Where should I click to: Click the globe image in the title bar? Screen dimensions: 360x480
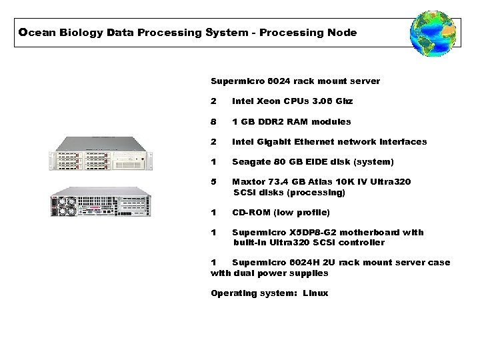[433, 33]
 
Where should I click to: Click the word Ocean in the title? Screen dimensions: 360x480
[32, 32]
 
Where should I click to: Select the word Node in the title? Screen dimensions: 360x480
[342, 32]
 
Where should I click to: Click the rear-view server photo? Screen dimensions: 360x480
[100, 201]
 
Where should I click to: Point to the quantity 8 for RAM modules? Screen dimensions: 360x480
[213, 121]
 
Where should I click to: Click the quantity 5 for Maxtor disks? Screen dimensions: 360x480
[213, 181]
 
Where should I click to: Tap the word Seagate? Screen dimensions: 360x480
[252, 161]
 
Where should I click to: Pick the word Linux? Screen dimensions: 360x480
[315, 293]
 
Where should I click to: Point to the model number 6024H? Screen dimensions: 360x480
[304, 262]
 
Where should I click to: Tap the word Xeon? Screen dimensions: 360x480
[269, 101]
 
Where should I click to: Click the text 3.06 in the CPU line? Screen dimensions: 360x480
[321, 101]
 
